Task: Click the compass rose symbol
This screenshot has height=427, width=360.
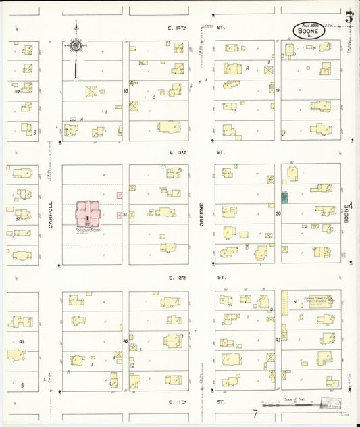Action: [76, 45]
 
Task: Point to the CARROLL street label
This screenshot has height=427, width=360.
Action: [51, 214]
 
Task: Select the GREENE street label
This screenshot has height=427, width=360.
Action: [202, 214]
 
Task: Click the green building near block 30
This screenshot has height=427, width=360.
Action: [284, 197]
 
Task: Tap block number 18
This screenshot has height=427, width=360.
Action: [126, 90]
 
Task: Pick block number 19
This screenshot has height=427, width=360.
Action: [277, 90]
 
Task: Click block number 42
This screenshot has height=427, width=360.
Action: [126, 341]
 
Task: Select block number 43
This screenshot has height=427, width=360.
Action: [277, 340]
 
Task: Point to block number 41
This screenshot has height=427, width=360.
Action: [21, 341]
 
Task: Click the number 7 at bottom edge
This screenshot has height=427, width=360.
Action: [255, 413]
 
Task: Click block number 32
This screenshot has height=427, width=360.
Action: [18, 218]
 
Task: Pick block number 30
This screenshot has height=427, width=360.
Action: [277, 214]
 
